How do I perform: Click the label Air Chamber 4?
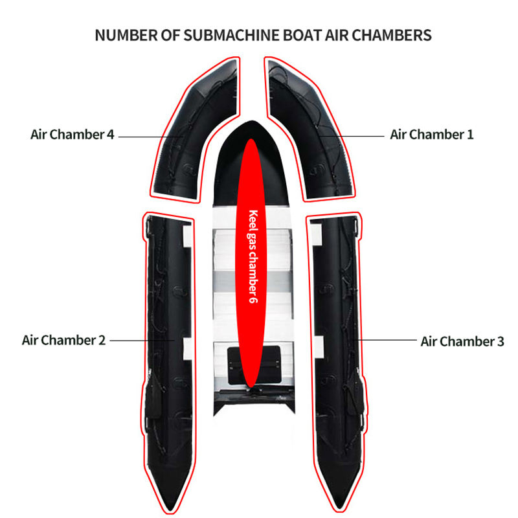tap(73, 135)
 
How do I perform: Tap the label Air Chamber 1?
tap(432, 135)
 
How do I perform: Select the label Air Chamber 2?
tap(63, 341)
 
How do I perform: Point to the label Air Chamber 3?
tap(462, 342)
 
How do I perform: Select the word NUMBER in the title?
tap(126, 36)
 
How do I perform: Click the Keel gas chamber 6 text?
tap(253, 256)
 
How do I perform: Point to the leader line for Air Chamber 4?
tap(151, 137)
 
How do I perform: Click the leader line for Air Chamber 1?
tap(352, 136)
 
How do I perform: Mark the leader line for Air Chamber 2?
tap(142, 340)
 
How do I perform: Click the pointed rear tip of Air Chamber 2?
tap(170, 510)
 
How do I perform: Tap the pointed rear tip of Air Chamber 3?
tap(339, 508)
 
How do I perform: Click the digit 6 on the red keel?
tap(253, 299)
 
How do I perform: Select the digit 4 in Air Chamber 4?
tap(110, 135)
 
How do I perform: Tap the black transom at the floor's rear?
tap(254, 401)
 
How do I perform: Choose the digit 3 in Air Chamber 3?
tap(501, 342)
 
